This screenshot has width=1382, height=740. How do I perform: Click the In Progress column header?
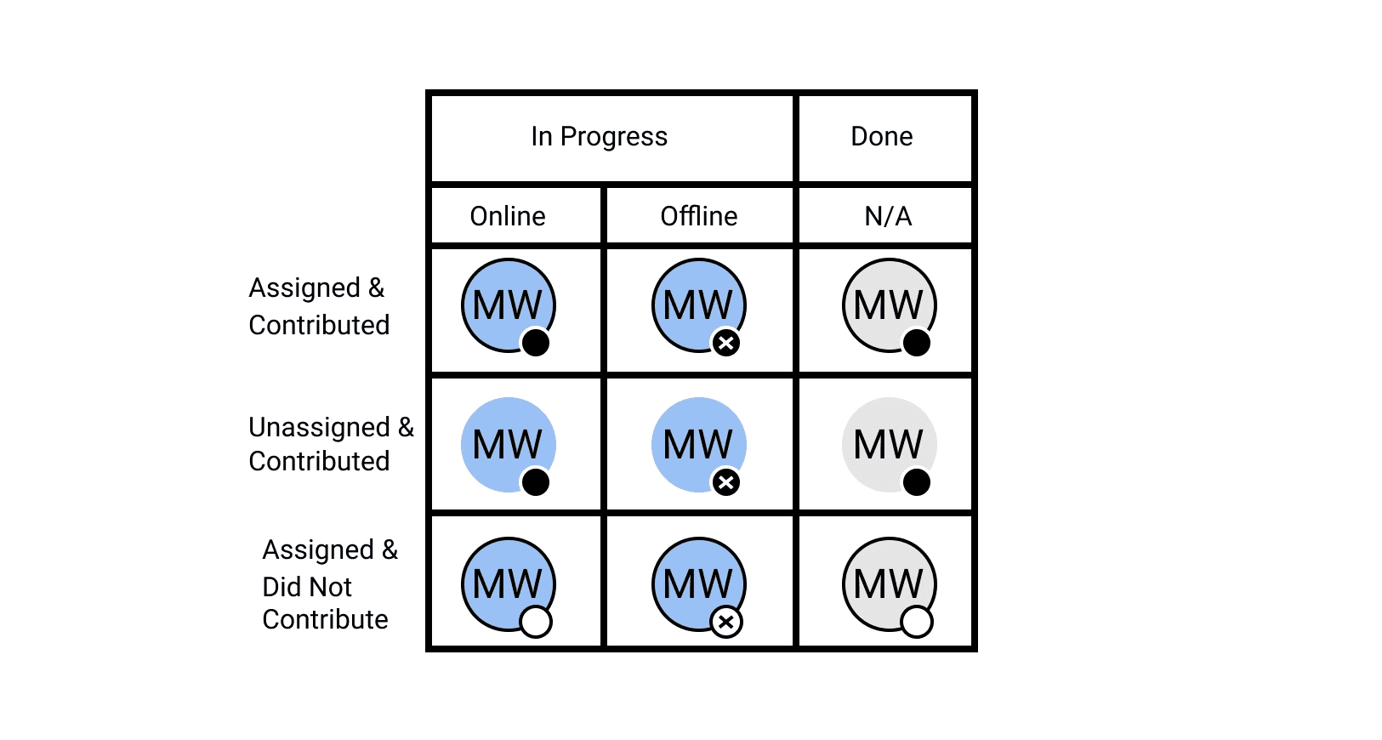pos(599,137)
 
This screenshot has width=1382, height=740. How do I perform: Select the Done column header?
pos(882,136)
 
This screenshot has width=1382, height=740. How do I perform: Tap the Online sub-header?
pos(508,217)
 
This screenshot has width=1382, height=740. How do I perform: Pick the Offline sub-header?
pos(699,216)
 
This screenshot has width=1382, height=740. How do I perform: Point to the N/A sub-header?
pos(888,217)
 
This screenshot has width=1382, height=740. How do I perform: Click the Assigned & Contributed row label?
pos(319,306)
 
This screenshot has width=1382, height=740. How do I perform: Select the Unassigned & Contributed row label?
pos(331,444)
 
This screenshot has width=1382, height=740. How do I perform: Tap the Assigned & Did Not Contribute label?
pos(330,583)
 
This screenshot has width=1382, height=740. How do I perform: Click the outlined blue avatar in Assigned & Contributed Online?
pos(509,305)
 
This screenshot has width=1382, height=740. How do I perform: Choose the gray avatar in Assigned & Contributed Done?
pos(890,305)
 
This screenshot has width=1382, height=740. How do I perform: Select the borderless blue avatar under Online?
pos(509,445)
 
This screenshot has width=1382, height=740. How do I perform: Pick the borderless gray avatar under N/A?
pos(890,445)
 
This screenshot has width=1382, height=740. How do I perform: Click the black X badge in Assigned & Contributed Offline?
pos(726,343)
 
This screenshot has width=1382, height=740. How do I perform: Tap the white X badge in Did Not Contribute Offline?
pos(726,622)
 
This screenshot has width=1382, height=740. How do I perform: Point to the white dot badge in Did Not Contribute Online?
pos(536,622)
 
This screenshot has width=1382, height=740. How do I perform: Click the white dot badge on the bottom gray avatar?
pos(917,622)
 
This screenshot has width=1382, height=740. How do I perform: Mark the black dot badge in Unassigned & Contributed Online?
pos(536,482)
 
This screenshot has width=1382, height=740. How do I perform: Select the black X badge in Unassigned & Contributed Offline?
pos(726,482)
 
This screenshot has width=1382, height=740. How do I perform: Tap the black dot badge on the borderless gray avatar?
pos(917,482)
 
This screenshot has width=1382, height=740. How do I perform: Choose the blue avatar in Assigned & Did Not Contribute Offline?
pos(699,584)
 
